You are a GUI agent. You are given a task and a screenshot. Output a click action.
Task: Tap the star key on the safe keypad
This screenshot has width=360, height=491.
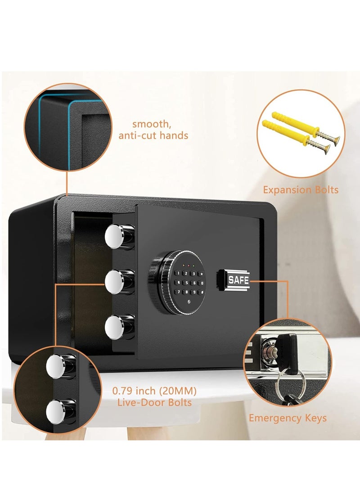coord(202,274)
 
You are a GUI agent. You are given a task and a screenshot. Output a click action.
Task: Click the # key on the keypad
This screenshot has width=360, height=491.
coord(202,292)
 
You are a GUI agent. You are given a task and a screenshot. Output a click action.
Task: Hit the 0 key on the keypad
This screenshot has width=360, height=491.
coord(202,283)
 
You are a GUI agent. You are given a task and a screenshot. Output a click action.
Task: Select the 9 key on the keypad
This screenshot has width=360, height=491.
coord(194,292)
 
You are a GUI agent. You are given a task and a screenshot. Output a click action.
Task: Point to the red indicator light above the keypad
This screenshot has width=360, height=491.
coord(189,266)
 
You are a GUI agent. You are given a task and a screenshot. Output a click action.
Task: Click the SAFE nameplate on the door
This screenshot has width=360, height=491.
coord(238,279)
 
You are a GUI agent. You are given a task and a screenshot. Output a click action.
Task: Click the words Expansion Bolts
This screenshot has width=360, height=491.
coord(301,190)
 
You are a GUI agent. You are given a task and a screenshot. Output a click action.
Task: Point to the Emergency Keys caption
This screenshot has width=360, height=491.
coord(288,418)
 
